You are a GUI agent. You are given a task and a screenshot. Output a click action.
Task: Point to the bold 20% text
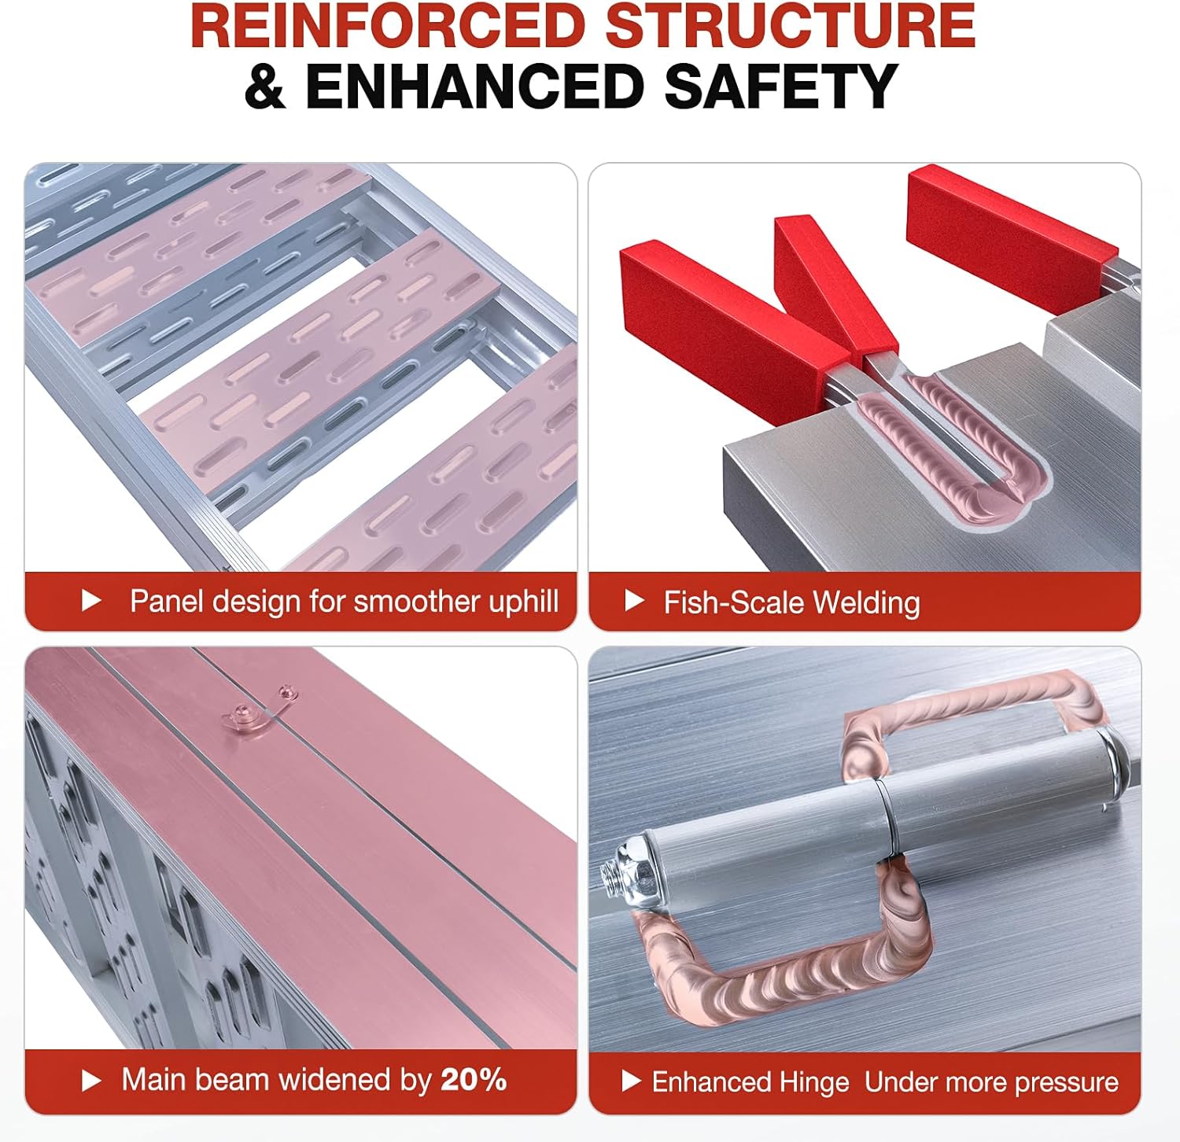(474, 1080)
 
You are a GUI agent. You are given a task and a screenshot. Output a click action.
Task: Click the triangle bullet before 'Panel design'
(91, 601)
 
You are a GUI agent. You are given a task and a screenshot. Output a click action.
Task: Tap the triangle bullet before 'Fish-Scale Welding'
(634, 601)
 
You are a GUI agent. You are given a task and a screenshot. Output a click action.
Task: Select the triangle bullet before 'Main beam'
(91, 1081)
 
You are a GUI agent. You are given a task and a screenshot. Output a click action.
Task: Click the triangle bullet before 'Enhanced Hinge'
(631, 1081)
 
